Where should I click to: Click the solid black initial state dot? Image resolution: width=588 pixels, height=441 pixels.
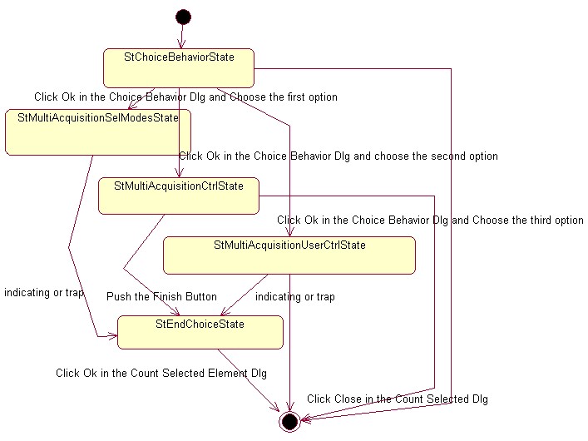(183, 17)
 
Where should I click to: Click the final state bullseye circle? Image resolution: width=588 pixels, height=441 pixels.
(289, 422)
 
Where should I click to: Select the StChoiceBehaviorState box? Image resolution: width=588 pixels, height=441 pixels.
(179, 68)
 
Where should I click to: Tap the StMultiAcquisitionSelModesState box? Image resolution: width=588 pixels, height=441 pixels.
(98, 132)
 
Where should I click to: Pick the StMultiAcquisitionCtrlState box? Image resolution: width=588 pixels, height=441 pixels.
(179, 196)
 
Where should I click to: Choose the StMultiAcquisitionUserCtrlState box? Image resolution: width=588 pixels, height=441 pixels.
(289, 255)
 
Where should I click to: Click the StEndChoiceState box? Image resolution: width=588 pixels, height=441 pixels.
(200, 333)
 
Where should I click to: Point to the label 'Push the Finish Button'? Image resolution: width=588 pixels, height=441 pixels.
(161, 297)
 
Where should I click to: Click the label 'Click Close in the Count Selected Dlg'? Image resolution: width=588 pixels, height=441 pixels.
(398, 399)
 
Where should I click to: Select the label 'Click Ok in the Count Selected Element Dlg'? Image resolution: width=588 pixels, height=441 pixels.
(161, 373)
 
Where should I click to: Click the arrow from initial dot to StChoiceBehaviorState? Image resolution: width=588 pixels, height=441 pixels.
(182, 37)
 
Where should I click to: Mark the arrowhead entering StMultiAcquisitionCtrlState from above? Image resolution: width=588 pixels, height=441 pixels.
(180, 172)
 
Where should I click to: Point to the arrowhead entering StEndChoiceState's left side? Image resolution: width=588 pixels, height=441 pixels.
(113, 336)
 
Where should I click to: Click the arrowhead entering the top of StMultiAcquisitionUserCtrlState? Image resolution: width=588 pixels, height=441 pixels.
(290, 232)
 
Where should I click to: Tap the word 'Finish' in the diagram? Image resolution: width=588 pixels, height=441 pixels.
(166, 296)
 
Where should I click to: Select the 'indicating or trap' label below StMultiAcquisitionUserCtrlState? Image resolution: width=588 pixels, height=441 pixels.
(295, 297)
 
